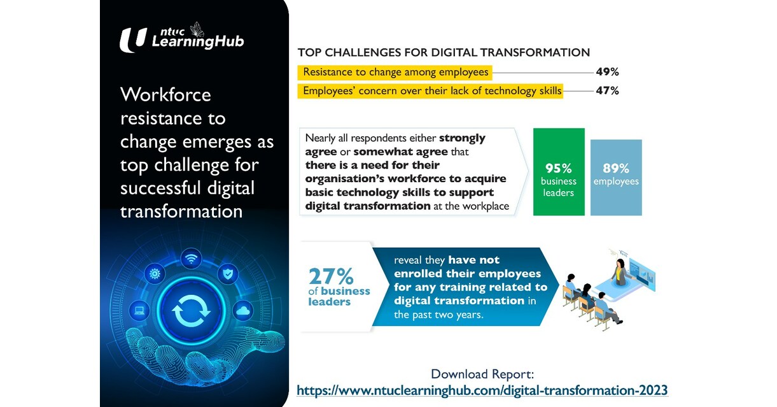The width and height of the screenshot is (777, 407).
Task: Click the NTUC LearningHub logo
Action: [181, 39]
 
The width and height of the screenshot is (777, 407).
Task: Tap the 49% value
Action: [607, 72]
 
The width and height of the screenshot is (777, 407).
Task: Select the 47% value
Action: [607, 90]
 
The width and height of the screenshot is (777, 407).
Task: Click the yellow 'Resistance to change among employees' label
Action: [395, 72]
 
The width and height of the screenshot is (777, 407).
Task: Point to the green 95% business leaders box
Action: [558, 172]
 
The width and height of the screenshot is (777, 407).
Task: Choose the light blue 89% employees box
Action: [615, 177]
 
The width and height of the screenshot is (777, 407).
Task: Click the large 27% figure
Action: [331, 276]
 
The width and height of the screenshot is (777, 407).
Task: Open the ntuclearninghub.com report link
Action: [482, 389]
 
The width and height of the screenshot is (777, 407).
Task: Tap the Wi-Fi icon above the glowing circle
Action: [192, 258]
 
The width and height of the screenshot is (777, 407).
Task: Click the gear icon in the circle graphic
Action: [154, 275]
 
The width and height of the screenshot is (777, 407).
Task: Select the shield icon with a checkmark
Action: [228, 274]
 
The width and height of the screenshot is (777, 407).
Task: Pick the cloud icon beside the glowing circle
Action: [243, 311]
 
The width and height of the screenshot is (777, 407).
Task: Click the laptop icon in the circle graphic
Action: [139, 311]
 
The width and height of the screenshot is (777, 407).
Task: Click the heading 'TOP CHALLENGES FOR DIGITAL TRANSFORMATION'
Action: [444, 52]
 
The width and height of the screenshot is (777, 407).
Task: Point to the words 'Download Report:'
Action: [482, 374]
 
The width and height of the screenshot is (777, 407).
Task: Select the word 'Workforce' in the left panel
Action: [165, 95]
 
